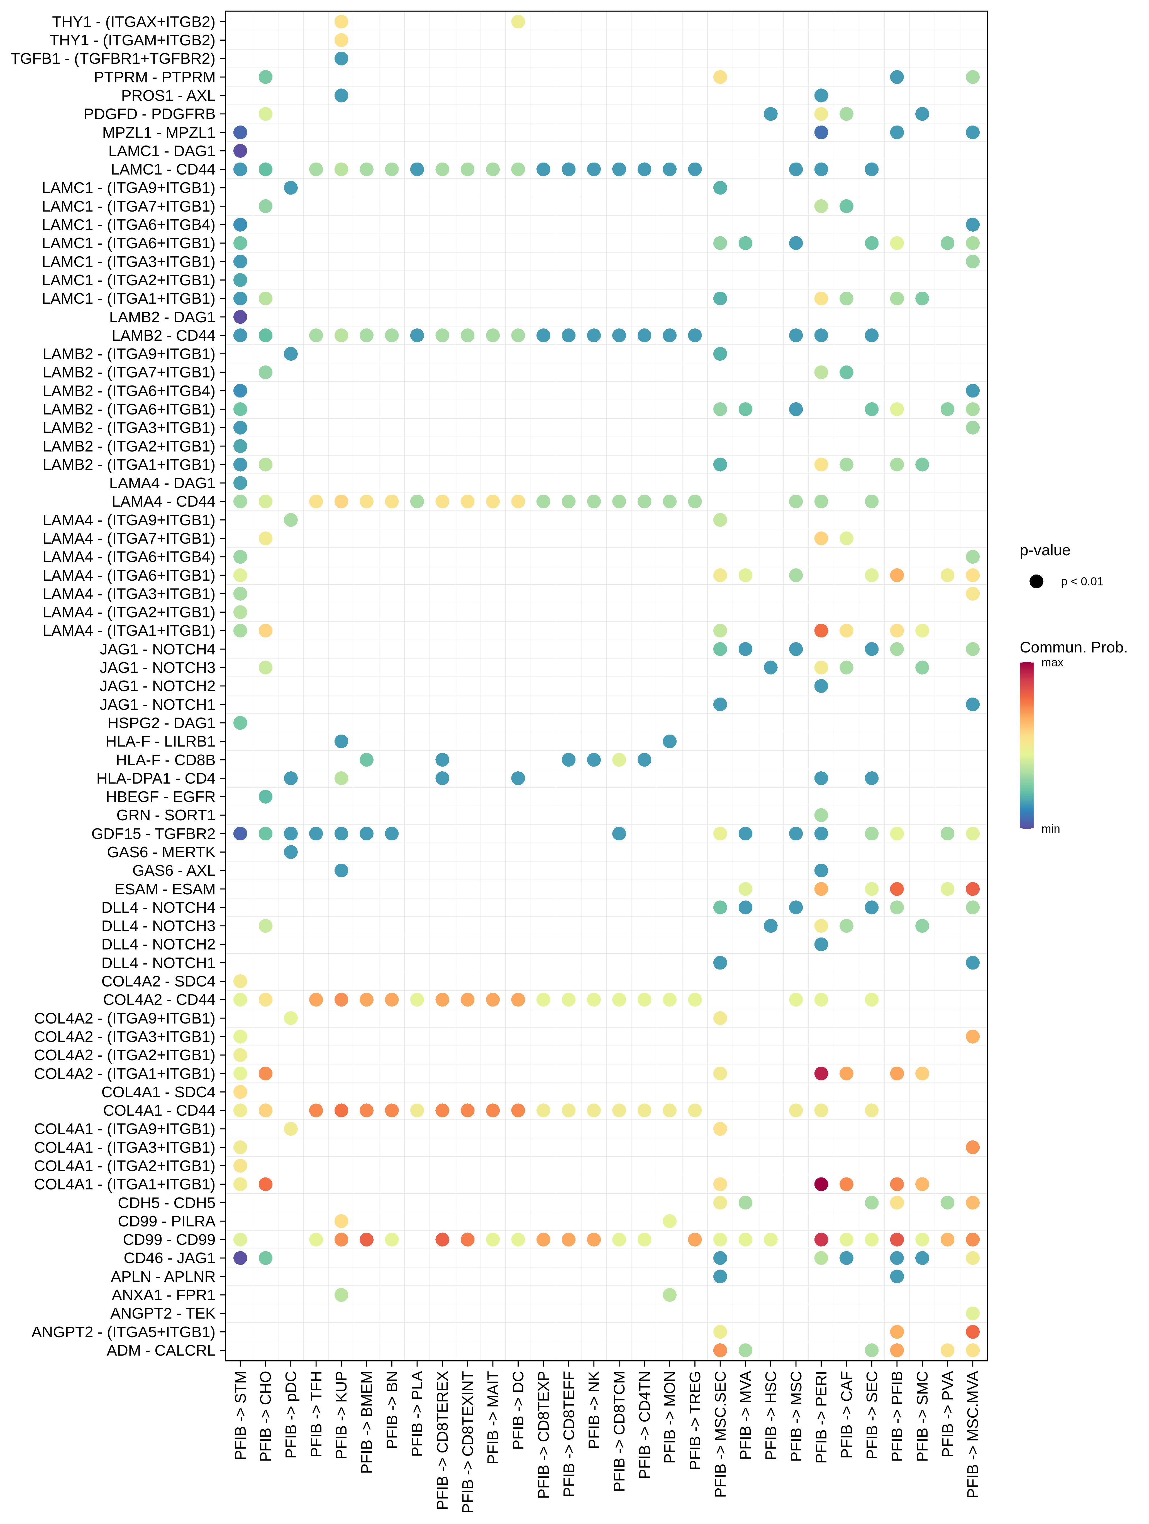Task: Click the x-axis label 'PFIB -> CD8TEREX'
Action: (443, 1440)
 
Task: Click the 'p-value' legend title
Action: (1044, 551)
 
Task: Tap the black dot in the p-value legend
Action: (1036, 581)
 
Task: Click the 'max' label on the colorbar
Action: (1052, 663)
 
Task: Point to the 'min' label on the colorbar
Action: (1050, 829)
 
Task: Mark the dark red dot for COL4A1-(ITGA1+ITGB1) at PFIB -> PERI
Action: (821, 1184)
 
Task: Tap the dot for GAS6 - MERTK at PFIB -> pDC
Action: (291, 852)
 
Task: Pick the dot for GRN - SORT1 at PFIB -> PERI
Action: (821, 815)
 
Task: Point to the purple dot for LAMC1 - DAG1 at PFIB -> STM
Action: (240, 151)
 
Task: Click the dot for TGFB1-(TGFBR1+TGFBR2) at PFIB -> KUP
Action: (341, 58)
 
